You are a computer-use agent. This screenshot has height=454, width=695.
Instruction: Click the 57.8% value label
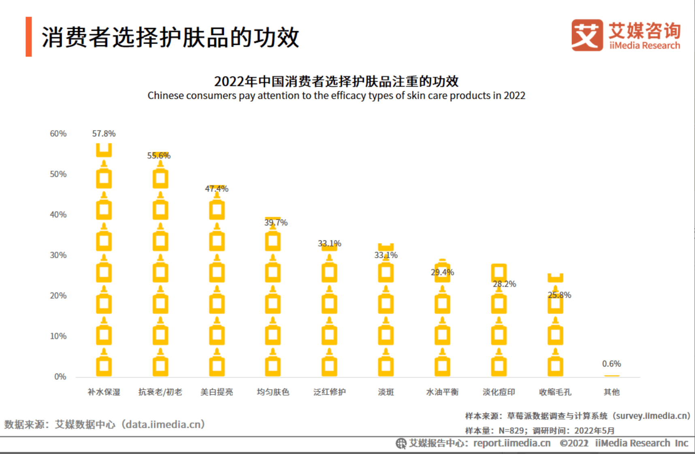(104, 134)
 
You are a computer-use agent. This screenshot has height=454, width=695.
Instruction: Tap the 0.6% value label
(611, 364)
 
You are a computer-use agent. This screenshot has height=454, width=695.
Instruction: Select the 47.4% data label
(217, 189)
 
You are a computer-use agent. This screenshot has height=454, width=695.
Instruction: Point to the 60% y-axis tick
(58, 134)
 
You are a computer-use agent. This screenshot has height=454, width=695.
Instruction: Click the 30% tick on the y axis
(58, 255)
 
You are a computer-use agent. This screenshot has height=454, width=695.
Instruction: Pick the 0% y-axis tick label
(60, 377)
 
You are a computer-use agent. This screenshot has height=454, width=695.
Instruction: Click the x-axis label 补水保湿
(104, 392)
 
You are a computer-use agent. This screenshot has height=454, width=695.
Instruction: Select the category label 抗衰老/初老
(160, 392)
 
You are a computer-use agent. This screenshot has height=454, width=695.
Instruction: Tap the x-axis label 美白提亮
(217, 392)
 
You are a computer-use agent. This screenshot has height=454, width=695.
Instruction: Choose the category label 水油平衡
(442, 392)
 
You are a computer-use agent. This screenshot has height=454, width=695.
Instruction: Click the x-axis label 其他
(612, 392)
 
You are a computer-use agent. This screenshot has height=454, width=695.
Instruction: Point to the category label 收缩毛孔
(555, 392)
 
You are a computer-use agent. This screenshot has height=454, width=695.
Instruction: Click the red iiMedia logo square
(587, 35)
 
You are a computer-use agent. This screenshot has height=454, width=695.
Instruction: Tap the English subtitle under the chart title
(336, 95)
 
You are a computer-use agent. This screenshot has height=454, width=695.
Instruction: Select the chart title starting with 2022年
(336, 81)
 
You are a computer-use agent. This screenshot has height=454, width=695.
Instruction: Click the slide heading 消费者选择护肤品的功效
(170, 37)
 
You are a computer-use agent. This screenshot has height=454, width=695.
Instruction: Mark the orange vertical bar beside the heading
(29, 36)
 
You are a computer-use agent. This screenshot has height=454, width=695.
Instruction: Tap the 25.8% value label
(559, 295)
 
